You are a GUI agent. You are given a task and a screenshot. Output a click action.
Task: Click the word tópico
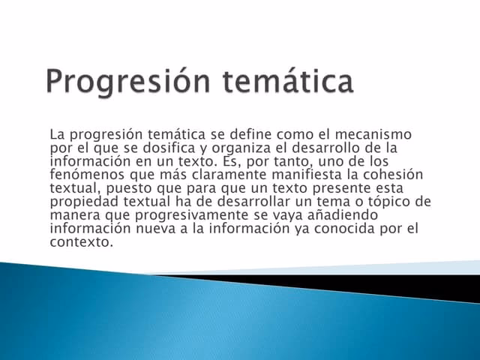pyautogui.click(x=379, y=202)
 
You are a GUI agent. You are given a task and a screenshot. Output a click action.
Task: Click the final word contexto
pyautogui.click(x=81, y=242)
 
